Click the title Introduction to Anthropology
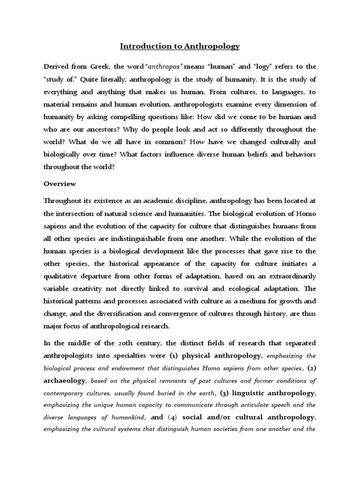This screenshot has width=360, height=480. (180, 46)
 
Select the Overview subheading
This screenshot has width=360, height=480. (60, 184)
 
